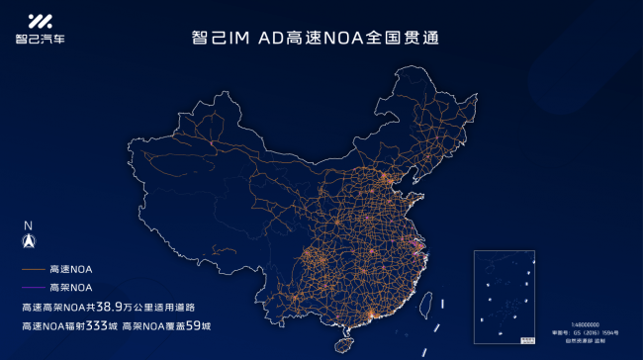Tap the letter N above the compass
[29, 225]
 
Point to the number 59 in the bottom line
[198, 325]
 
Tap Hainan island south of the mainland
[344, 345]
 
